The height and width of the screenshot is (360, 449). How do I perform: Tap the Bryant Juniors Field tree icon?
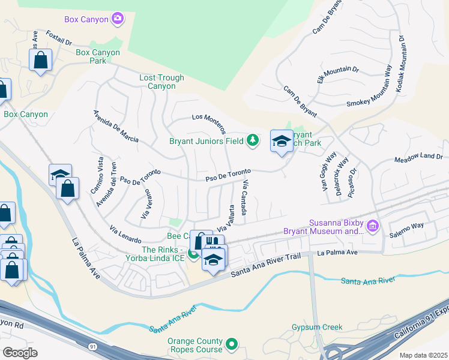[253, 140]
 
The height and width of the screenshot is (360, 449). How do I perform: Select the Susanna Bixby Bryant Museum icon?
[373, 226]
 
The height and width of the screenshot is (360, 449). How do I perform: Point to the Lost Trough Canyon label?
[158, 82]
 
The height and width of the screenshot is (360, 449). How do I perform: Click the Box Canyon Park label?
[98, 56]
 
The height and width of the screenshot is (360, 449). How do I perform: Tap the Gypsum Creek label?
[316, 327]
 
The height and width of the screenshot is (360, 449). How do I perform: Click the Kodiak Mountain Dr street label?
[400, 62]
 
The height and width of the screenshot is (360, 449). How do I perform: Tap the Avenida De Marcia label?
[116, 127]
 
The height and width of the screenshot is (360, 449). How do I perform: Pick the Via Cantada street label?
[244, 197]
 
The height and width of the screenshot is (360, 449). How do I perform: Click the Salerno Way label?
[407, 226]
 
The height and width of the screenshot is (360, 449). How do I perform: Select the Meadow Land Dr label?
[418, 158]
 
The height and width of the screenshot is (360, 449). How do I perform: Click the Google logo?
[20, 353]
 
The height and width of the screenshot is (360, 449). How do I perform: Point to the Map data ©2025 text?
[423, 355]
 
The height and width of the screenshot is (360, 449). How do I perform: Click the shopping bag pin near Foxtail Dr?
[40, 61]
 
